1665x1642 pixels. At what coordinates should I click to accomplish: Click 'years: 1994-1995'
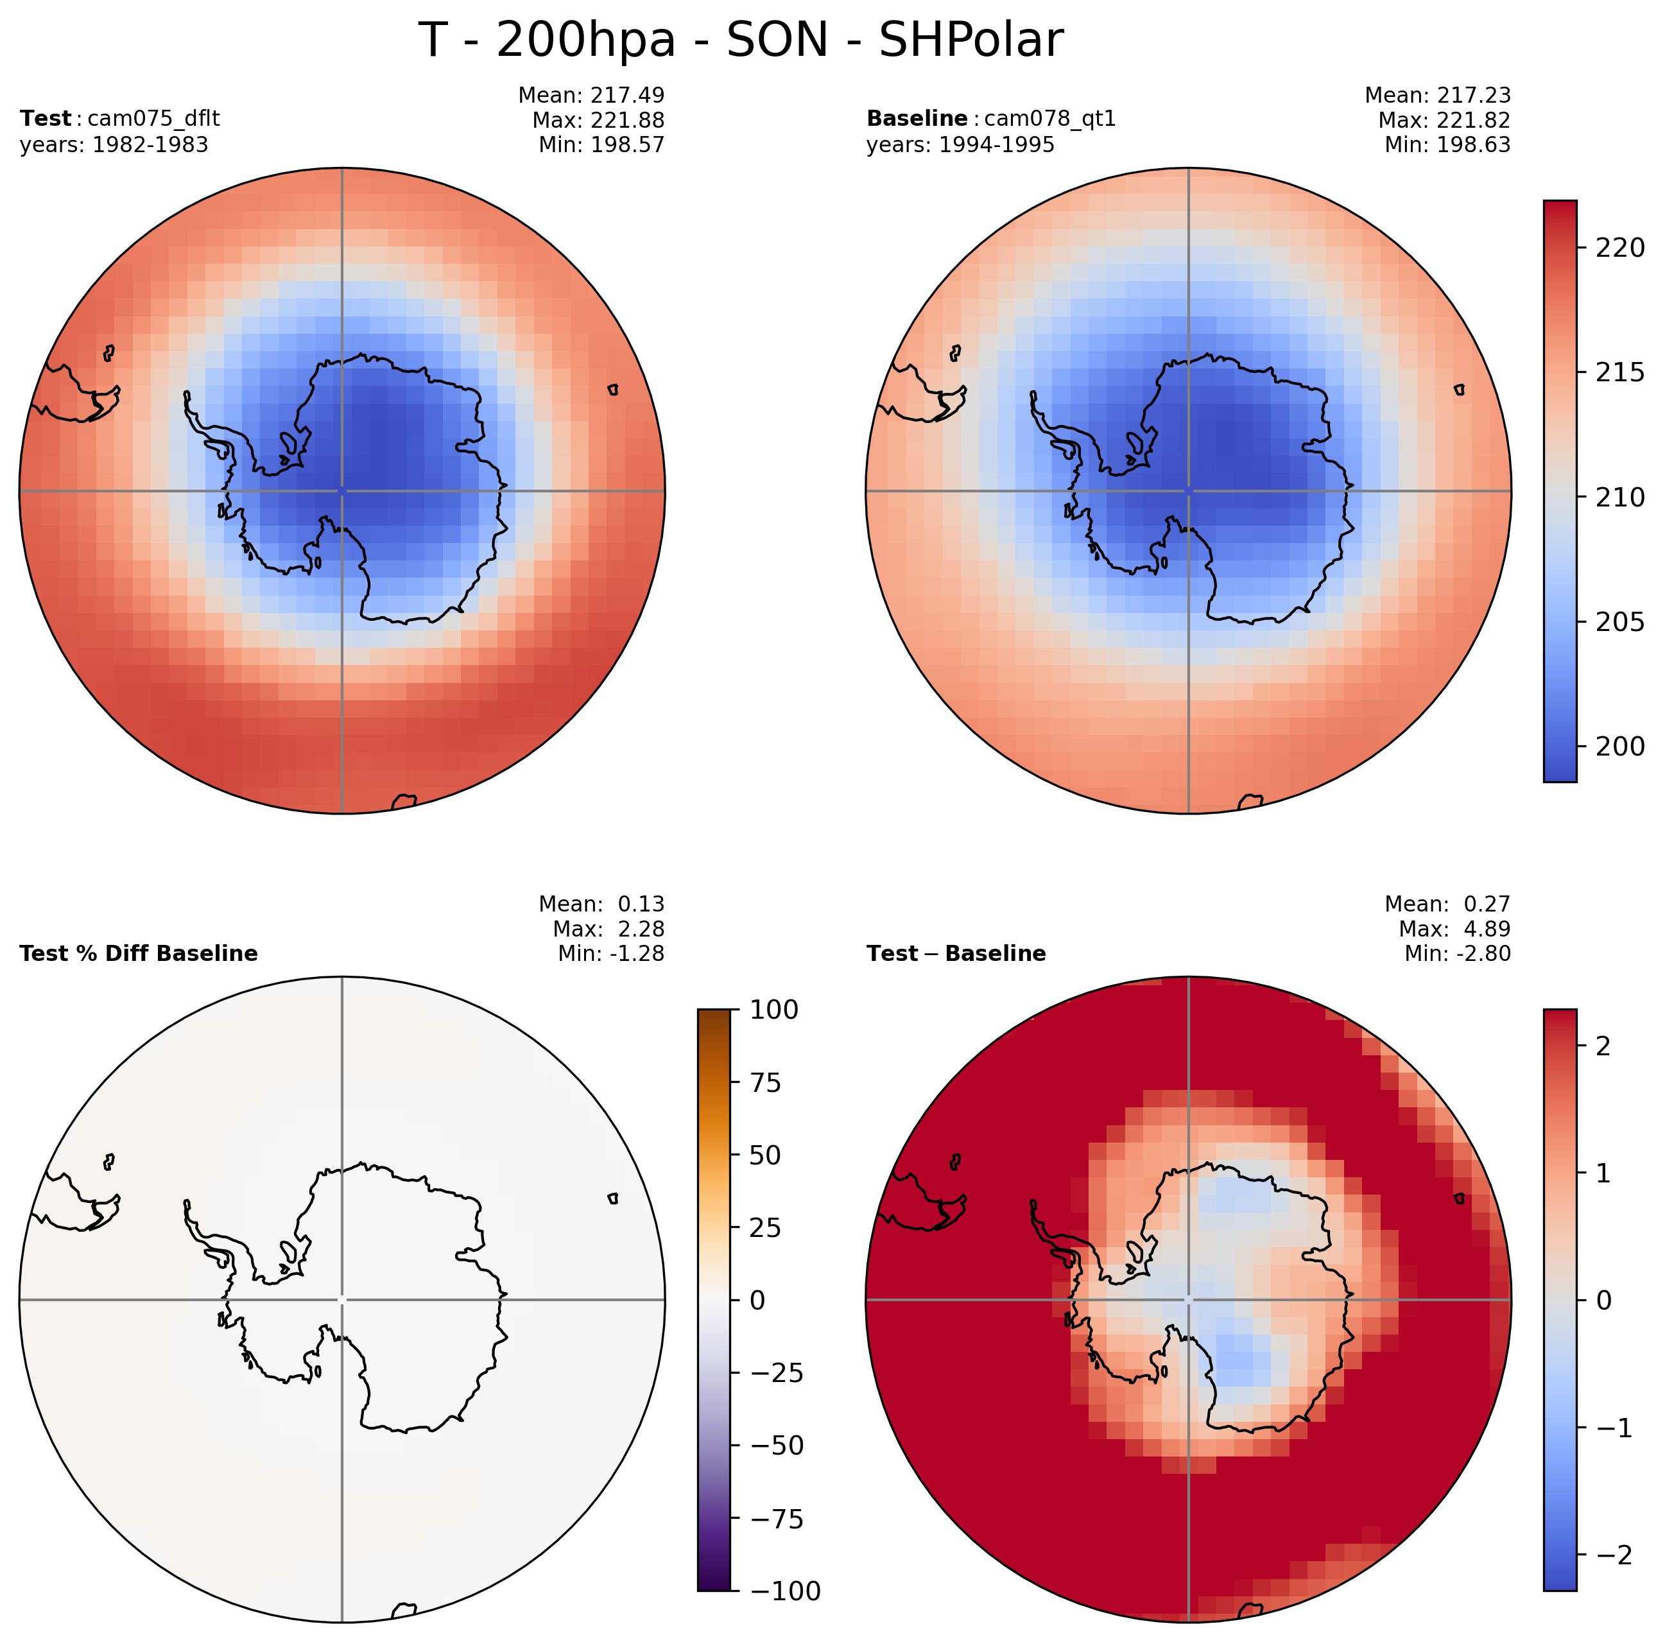tap(960, 145)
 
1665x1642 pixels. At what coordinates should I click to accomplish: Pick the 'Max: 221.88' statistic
tap(598, 120)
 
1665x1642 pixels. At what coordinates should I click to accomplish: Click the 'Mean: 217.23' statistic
tap(1438, 95)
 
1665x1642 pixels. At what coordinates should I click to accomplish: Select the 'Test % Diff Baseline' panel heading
tap(139, 953)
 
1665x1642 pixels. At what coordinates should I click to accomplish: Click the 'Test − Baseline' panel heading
tap(956, 953)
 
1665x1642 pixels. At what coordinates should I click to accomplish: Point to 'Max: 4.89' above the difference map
tap(1454, 928)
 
